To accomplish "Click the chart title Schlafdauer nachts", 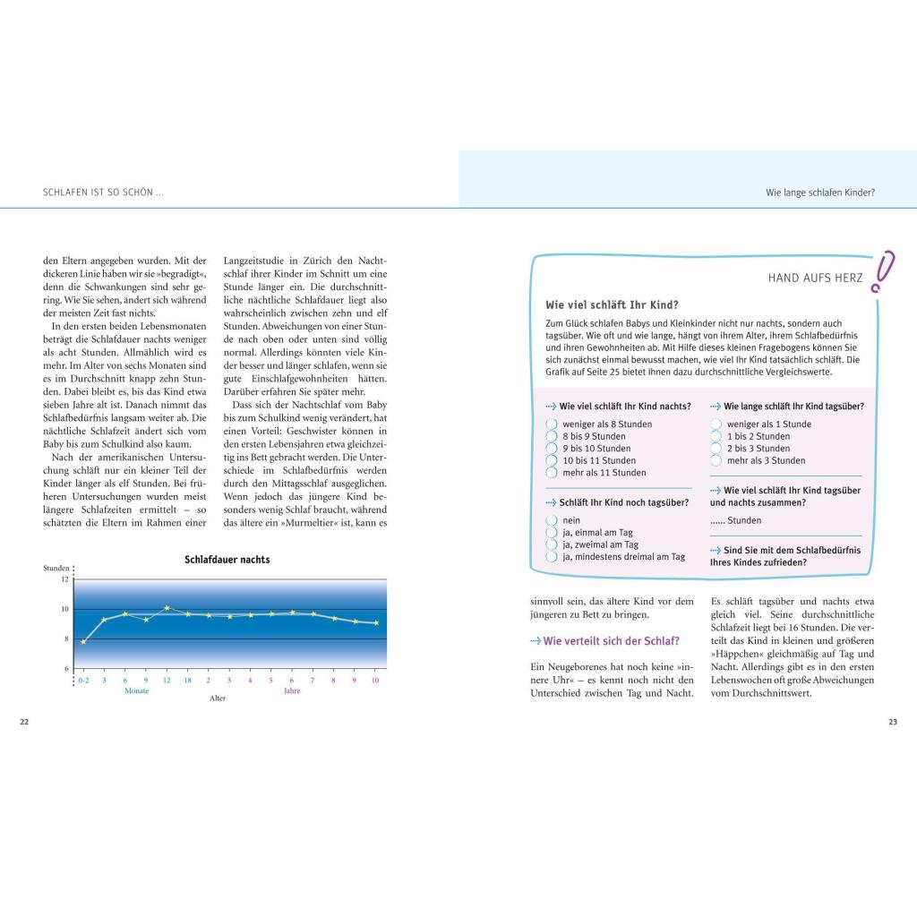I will point(227,560).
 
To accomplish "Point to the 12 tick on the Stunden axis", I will point(64,579).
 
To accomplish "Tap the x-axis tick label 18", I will point(187,681).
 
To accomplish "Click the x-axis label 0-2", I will point(83,681).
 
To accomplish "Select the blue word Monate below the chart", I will point(136,691).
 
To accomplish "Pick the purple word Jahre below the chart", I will point(292,691).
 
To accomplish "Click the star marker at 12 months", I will point(167,608).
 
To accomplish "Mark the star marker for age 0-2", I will point(83,641).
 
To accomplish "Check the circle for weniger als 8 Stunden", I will point(552,424).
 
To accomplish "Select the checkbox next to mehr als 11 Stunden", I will point(552,472).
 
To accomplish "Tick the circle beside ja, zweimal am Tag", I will point(552,544).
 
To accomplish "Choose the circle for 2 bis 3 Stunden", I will point(716,448).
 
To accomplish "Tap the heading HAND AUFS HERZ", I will point(815,279).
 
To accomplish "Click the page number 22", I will point(24,722).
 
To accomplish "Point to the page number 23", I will point(892,722).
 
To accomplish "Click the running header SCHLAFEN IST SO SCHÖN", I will point(103,193).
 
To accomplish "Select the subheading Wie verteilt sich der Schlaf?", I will point(604,641).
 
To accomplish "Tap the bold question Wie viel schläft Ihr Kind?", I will point(612,304).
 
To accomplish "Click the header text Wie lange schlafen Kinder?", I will point(819,193).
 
